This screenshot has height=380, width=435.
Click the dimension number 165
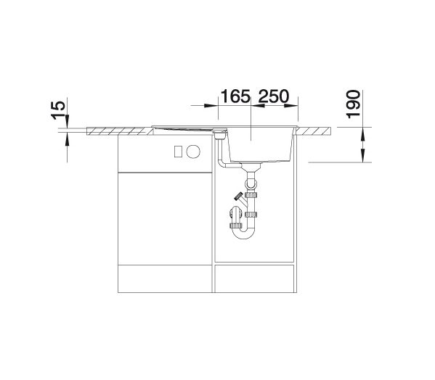(235, 96)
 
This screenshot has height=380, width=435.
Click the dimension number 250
(274, 96)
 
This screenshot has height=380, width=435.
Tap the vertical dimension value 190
(354, 104)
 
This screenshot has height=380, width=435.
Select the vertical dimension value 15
(58, 110)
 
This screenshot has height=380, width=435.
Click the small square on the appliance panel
(178, 152)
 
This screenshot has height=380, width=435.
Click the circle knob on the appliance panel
(193, 152)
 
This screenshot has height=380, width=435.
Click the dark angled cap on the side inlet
(238, 197)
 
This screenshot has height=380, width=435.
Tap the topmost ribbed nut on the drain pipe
(251, 194)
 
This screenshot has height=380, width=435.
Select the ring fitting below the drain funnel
(251, 184)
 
